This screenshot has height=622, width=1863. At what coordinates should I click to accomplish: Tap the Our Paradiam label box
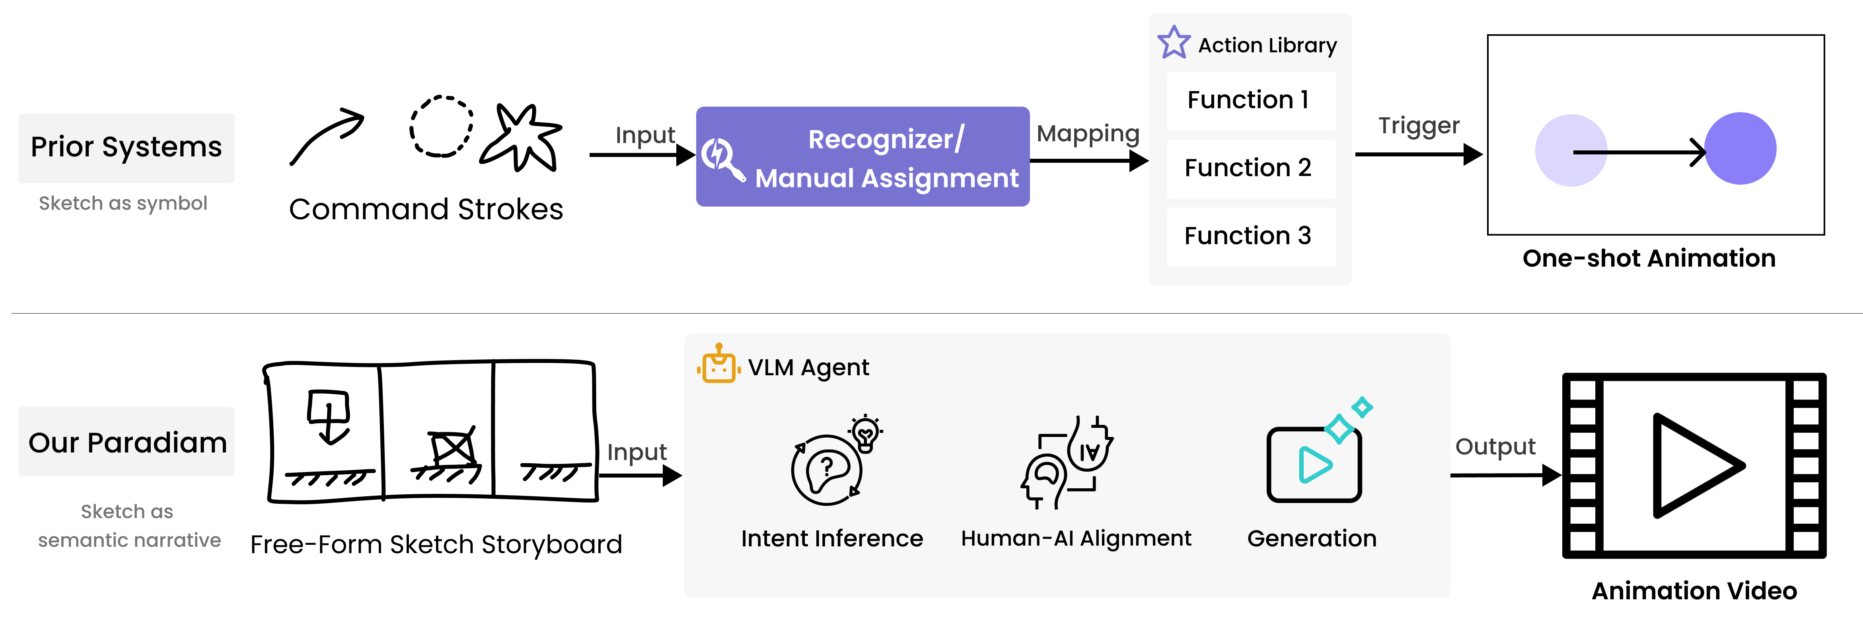[x=127, y=442]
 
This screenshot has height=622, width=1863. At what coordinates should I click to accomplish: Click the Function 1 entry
[x=1250, y=100]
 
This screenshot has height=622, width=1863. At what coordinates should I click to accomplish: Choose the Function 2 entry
[x=1250, y=168]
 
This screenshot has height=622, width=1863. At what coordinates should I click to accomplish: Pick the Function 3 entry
[x=1250, y=236]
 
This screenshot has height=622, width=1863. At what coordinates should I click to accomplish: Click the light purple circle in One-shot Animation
[x=1571, y=150]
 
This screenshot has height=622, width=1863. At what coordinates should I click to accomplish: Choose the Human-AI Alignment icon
[x=1067, y=463]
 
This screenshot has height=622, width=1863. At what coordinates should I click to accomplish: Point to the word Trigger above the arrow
[x=1418, y=126]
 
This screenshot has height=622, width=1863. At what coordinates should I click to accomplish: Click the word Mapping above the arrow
[x=1088, y=134]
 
